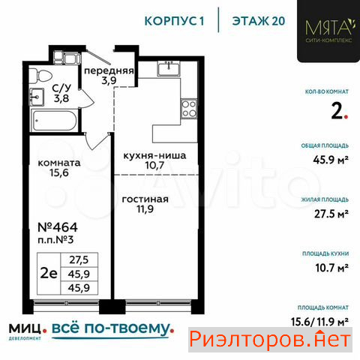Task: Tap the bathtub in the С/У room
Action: coord(54,121)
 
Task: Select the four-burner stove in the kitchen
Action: coord(189,109)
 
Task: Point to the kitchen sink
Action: coord(169,68)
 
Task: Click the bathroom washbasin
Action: coord(37,97)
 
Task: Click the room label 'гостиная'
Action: coord(145,199)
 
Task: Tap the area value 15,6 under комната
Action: coord(59,172)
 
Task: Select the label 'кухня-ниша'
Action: coord(155,155)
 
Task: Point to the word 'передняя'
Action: coord(109,70)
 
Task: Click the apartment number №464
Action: coord(58,227)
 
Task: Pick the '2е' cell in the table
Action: coord(49,274)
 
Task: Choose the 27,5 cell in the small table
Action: coord(79,260)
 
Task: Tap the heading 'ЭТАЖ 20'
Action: coord(259,21)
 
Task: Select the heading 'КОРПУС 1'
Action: coord(175,21)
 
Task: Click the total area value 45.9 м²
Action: coord(331,160)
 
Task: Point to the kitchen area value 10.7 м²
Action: coord(331,268)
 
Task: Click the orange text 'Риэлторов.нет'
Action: coord(270,340)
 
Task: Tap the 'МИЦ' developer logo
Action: coord(25,328)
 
